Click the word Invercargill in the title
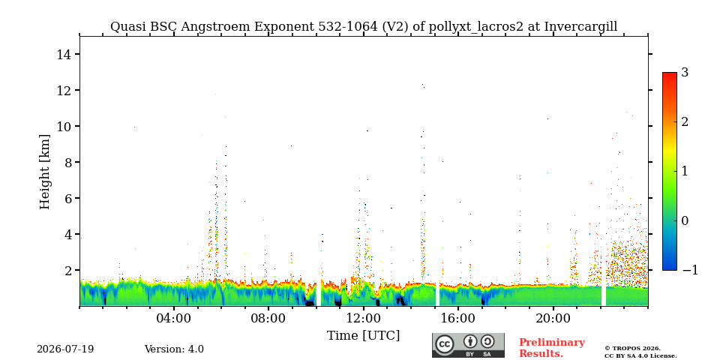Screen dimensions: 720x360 pyautogui.click(x=580, y=27)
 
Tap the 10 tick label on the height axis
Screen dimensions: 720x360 pyautogui.click(x=63, y=126)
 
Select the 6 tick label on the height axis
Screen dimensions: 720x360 pyautogui.click(x=67, y=198)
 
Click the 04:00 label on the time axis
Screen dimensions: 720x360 pyautogui.click(x=174, y=319)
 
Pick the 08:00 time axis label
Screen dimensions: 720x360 pyautogui.click(x=268, y=319)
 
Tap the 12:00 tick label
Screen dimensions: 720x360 pyautogui.click(x=363, y=319)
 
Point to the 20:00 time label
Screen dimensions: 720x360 pyautogui.click(x=553, y=319)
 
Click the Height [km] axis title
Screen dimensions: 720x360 pyautogui.click(x=44, y=172)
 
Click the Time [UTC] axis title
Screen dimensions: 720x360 pyautogui.click(x=363, y=336)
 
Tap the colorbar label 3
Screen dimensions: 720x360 pyautogui.click(x=685, y=73)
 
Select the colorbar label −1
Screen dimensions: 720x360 pyautogui.click(x=690, y=271)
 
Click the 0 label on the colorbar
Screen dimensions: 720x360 pyautogui.click(x=685, y=220)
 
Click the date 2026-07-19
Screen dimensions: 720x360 pyautogui.click(x=65, y=349)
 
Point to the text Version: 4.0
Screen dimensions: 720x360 pyautogui.click(x=174, y=349)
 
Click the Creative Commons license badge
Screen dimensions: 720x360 pyautogui.click(x=468, y=345)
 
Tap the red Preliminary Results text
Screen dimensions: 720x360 pyautogui.click(x=551, y=348)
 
